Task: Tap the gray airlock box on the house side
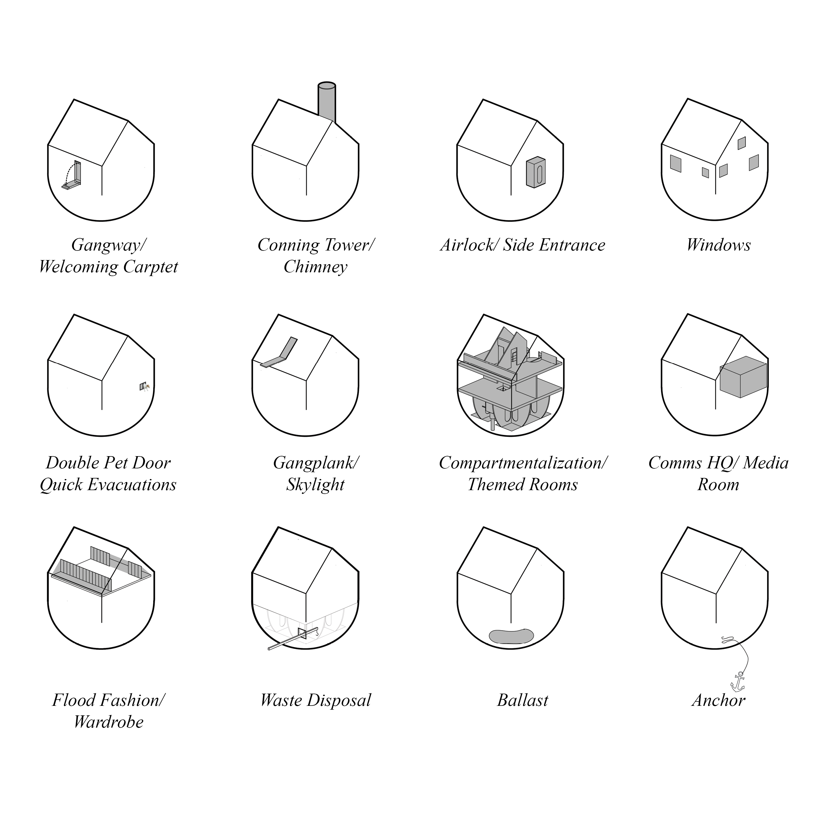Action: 536,173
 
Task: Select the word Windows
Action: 718,245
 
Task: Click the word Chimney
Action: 316,267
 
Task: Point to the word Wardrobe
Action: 109,722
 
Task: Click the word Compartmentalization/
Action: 523,463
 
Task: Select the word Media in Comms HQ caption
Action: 766,463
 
